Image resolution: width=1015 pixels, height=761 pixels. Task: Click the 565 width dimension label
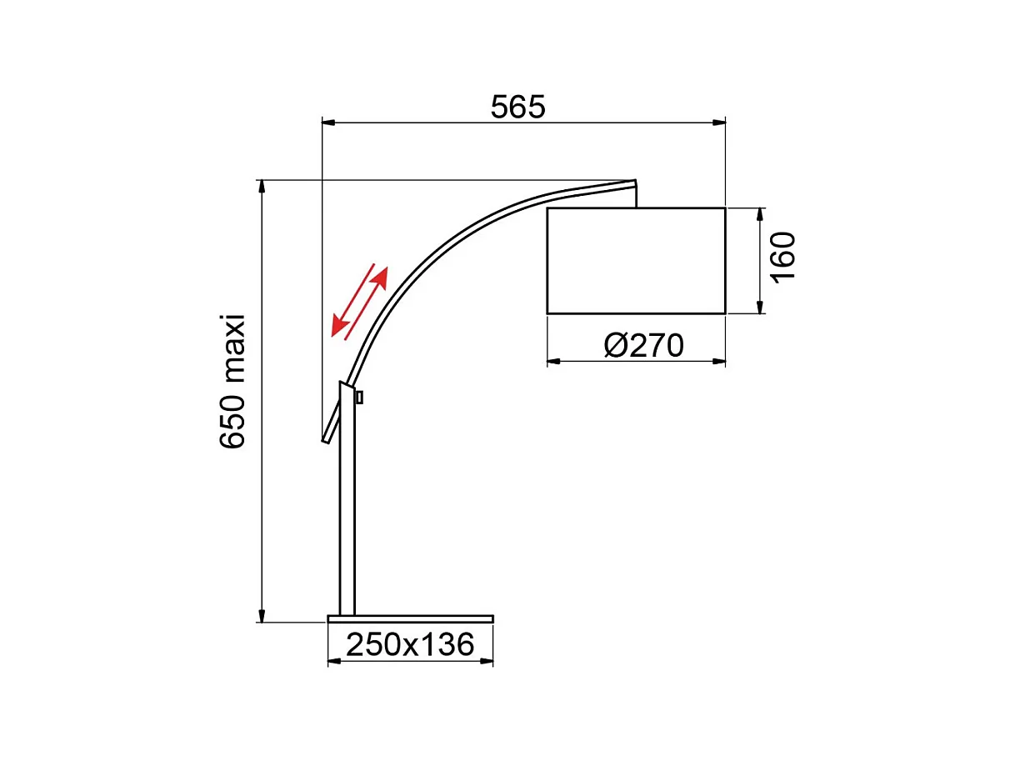pyautogui.click(x=517, y=108)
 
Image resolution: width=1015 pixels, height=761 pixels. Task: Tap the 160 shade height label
pyautogui.click(x=783, y=258)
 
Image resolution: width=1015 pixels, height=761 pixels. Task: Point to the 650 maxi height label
pyautogui.click(x=232, y=382)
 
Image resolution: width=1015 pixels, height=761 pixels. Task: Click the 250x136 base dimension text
pyautogui.click(x=410, y=644)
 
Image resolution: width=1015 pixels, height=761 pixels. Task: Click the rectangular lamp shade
pyautogui.click(x=636, y=261)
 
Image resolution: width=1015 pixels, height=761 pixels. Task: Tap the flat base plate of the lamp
pyautogui.click(x=410, y=618)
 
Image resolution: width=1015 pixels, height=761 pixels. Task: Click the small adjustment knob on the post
pyautogui.click(x=359, y=398)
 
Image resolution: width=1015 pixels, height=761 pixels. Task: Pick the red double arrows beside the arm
pyautogui.click(x=360, y=301)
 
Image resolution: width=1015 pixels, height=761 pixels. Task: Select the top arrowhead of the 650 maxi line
pyautogui.click(x=262, y=186)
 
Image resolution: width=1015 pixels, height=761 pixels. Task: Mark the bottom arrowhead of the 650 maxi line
pyautogui.click(x=262, y=616)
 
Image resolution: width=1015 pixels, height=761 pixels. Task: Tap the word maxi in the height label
pyautogui.click(x=232, y=344)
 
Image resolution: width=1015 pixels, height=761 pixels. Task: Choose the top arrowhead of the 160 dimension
pyautogui.click(x=760, y=214)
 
